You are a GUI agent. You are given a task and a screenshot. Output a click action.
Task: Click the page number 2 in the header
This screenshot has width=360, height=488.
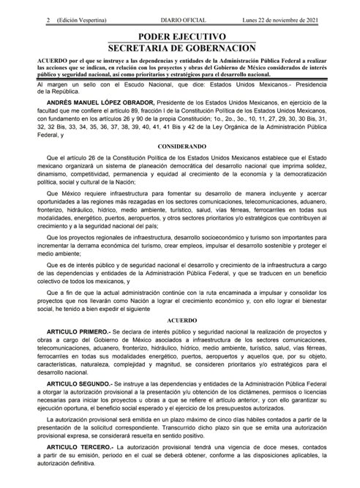point(6,5)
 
